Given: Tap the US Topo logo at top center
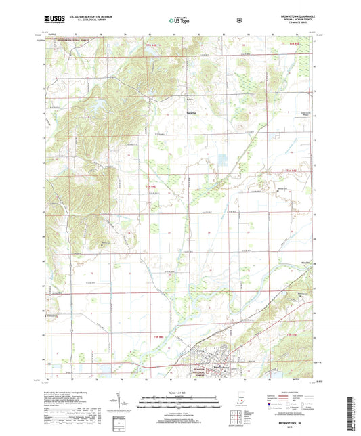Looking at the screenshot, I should click(180, 21).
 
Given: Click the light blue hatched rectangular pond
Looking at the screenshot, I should click(223, 162).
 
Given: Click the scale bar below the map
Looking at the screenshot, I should click(179, 401).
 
